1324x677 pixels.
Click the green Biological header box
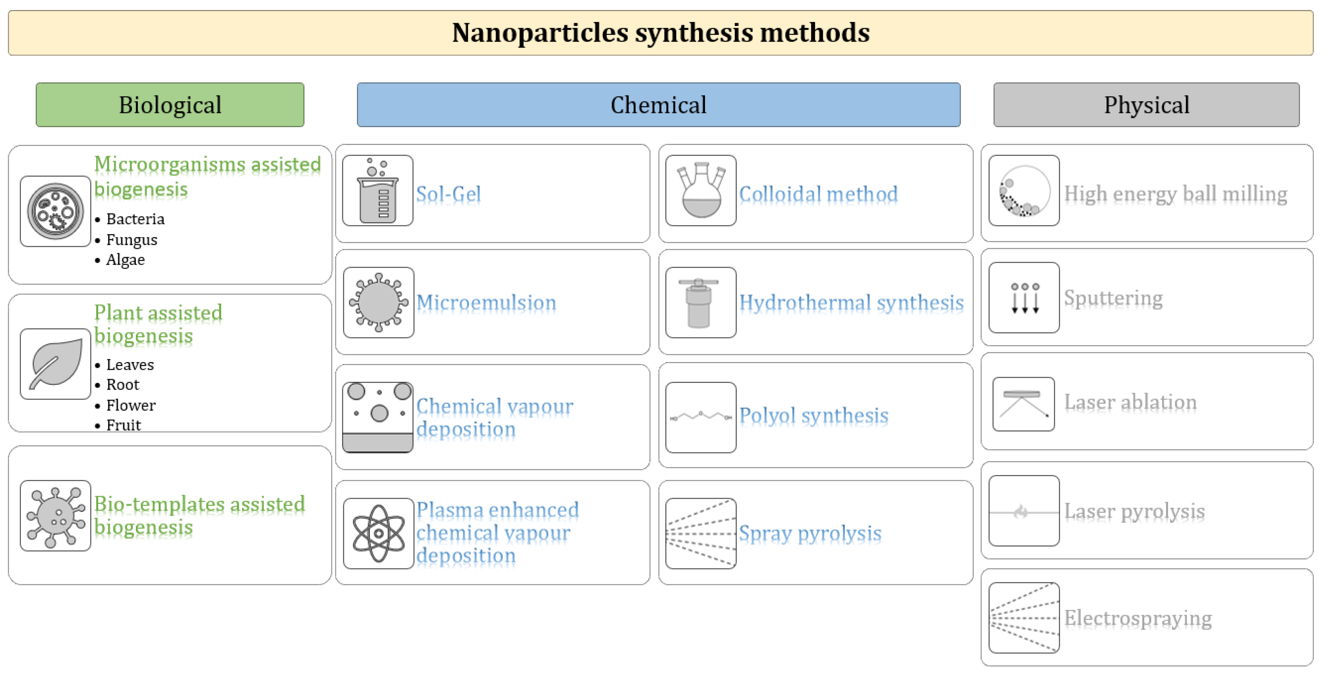[x=170, y=105]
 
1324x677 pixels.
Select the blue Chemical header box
[x=658, y=105]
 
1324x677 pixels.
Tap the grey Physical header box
[x=1146, y=105]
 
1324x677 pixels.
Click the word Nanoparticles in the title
[x=540, y=33]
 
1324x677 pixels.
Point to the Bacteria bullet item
[x=135, y=220]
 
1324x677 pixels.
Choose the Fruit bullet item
[x=123, y=425]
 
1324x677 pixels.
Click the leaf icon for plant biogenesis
[x=55, y=364]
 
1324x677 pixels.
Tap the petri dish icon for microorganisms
[x=55, y=211]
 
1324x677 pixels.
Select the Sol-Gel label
[x=448, y=194]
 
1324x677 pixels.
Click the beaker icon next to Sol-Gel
[x=378, y=191]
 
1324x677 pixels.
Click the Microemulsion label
[x=486, y=302]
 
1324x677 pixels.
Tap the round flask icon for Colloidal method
[x=701, y=191]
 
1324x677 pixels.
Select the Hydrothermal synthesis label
[x=851, y=302]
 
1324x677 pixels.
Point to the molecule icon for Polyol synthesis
[x=701, y=417]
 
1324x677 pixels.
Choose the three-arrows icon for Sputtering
[x=1024, y=298]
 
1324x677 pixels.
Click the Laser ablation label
[x=1130, y=402]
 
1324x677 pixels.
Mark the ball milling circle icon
[x=1024, y=191]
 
